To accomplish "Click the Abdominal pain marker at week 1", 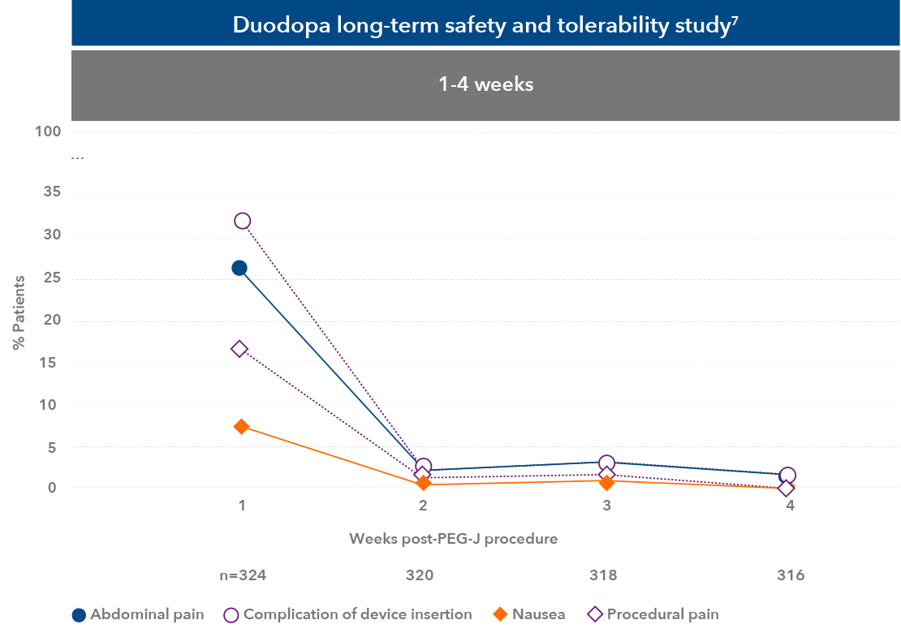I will tap(239, 268).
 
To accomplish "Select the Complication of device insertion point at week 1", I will tap(242, 221).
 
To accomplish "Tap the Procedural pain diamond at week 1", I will tap(239, 349).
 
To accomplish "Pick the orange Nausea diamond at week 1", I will tap(241, 426).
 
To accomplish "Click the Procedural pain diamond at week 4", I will tap(786, 489).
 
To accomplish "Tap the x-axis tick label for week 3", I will tap(606, 506).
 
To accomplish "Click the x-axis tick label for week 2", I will tap(423, 506).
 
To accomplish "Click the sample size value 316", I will tap(790, 575).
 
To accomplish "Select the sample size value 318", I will tap(603, 575).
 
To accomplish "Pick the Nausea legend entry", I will tap(538, 614).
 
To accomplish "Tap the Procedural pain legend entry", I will tap(662, 614).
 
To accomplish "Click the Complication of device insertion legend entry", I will tap(357, 614).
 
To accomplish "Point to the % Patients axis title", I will tap(19, 312).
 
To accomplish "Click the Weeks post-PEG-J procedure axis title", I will tap(454, 539).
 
